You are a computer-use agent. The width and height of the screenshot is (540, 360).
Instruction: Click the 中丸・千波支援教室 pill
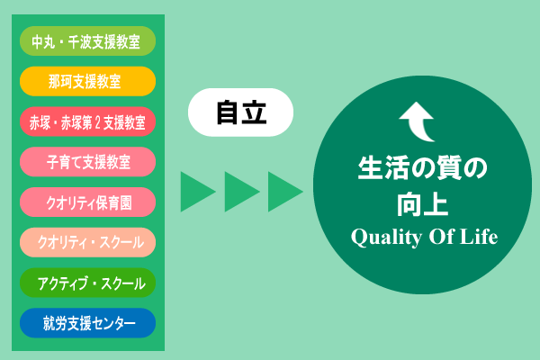(87, 40)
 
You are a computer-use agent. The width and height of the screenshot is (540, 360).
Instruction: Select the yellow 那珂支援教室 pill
(87, 81)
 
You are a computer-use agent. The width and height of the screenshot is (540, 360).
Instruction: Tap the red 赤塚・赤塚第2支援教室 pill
(87, 121)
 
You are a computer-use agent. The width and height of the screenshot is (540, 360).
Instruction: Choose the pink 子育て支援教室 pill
(87, 162)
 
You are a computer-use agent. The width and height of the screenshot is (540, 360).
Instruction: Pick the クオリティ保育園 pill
(87, 202)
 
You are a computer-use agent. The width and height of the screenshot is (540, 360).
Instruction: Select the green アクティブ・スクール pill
(87, 283)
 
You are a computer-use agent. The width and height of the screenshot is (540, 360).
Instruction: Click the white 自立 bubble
(241, 112)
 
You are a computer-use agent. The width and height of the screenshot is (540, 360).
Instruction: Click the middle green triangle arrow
(240, 191)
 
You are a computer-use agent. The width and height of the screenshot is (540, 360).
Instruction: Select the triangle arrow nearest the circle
(283, 191)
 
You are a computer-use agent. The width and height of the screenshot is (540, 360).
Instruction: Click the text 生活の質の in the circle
(422, 169)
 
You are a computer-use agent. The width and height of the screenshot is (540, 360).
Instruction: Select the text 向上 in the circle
(423, 203)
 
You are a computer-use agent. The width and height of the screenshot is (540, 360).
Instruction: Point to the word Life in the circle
(480, 238)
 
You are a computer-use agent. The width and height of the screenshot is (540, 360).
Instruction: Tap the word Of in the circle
(438, 238)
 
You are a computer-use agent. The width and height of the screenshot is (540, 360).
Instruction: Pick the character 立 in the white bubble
(255, 112)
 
